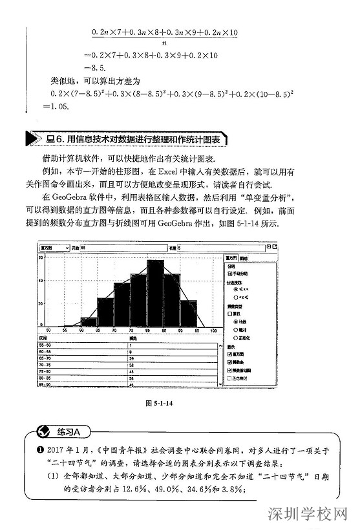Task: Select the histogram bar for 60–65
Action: coord(89,321)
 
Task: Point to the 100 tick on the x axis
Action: coord(214,331)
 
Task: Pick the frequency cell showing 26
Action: coord(132,358)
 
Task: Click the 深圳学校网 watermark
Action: coord(310,515)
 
